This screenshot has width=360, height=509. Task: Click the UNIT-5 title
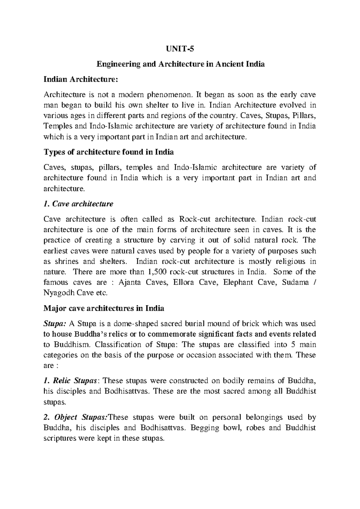tap(180, 49)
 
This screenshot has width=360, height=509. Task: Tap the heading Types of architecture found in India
tap(109, 152)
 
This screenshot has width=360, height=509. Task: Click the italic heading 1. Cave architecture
tap(78, 204)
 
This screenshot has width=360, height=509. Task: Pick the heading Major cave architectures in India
tap(104, 308)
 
